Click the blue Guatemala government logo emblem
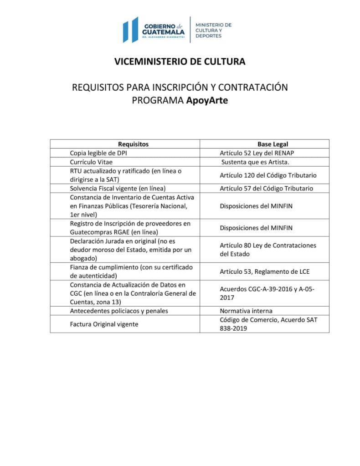click(130, 30)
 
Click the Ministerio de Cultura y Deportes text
click(213, 30)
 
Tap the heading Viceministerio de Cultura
click(180, 61)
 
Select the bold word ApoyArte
click(207, 100)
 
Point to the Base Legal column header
click(273, 144)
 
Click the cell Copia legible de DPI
click(98, 153)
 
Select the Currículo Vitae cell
click(91, 162)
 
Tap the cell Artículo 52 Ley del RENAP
click(259, 153)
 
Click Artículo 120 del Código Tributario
click(268, 175)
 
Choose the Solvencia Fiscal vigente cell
click(117, 188)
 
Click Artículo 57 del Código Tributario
click(266, 188)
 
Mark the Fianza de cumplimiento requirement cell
click(131, 271)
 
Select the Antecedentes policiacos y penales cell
click(119, 311)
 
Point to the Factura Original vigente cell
click(103, 324)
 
